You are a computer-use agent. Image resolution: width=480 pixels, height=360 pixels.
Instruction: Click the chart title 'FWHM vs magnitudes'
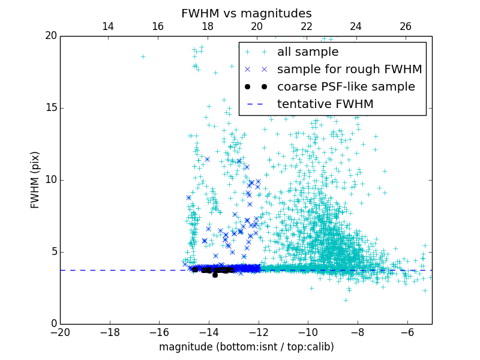pyautogui.click(x=246, y=13)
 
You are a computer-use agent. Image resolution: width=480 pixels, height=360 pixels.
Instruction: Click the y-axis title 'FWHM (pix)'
pyautogui.click(x=35, y=179)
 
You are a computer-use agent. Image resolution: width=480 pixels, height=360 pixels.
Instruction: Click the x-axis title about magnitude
pyautogui.click(x=246, y=347)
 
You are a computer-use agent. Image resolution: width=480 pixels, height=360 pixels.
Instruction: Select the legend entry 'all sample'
pyautogui.click(x=307, y=52)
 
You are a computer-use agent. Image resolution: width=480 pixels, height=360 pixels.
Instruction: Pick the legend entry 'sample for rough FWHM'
pyautogui.click(x=349, y=70)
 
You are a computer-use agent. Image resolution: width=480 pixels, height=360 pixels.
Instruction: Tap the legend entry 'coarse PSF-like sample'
pyautogui.click(x=346, y=87)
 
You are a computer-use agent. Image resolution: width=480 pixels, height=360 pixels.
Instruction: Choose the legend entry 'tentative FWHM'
pyautogui.click(x=325, y=104)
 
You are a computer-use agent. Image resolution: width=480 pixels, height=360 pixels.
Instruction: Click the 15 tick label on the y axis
pyautogui.click(x=50, y=108)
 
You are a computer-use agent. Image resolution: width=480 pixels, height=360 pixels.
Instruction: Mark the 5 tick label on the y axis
pyautogui.click(x=53, y=252)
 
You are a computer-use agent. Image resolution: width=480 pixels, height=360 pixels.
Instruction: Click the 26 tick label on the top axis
pyautogui.click(x=406, y=26)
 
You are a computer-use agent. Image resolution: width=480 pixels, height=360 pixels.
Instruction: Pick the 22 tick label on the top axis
pyautogui.click(x=307, y=26)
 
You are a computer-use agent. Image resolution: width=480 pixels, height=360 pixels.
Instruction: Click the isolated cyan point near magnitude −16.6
pyautogui.click(x=143, y=56)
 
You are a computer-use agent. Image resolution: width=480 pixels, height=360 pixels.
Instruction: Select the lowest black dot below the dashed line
pyautogui.click(x=215, y=275)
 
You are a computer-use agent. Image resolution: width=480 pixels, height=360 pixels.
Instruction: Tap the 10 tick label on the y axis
pyautogui.click(x=50, y=180)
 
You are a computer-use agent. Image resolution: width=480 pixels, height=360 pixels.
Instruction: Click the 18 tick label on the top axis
pyautogui.click(x=207, y=26)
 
